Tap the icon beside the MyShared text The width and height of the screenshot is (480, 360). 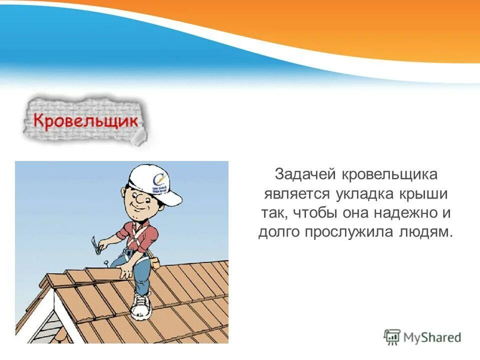[393, 337]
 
